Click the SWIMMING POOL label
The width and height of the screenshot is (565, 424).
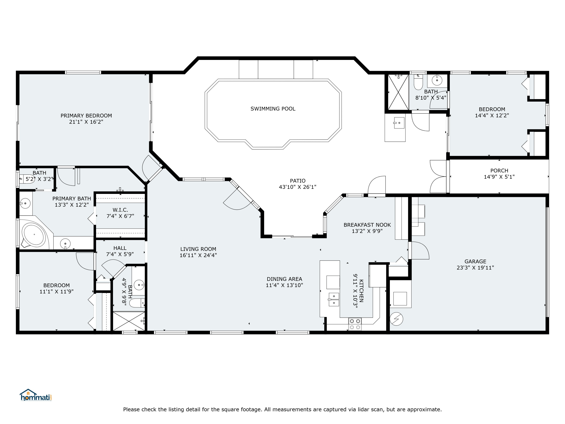tap(273, 109)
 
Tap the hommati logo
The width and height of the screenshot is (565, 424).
tap(36, 395)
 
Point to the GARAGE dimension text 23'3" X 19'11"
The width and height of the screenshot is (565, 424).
tap(475, 268)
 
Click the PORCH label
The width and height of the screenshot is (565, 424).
tap(499, 171)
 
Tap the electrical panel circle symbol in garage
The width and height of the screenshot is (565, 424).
tap(396, 319)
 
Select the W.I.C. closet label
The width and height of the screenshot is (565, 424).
tap(120, 210)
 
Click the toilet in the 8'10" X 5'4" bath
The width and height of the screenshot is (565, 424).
tap(418, 82)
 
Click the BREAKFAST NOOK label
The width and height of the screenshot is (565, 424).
tap(367, 225)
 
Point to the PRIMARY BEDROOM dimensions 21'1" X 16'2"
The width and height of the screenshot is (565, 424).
tap(86, 122)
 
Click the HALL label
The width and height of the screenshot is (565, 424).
tap(120, 248)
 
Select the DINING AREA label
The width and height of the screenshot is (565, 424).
tap(284, 279)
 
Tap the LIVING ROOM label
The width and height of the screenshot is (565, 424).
tap(198, 249)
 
